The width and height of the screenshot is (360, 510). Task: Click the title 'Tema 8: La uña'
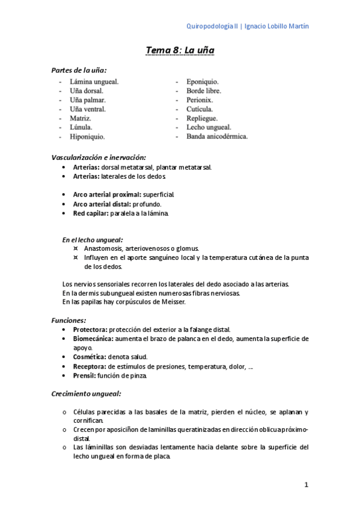click(180, 51)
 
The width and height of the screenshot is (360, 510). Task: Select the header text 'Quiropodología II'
click(213, 26)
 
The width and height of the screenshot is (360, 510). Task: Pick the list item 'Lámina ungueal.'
click(94, 81)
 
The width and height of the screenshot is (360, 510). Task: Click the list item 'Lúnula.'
click(81, 127)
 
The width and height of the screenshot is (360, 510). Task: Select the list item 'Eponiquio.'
click(203, 81)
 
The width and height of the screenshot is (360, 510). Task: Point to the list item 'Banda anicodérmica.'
click(216, 137)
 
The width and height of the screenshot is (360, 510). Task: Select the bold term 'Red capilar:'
click(91, 214)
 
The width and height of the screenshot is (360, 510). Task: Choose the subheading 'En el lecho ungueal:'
click(93, 239)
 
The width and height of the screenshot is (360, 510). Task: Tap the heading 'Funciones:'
click(69, 320)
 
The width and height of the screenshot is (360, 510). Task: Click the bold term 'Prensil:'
click(84, 375)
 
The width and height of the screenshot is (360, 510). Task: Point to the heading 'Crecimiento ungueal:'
click(87, 393)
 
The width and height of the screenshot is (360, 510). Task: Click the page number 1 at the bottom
click(306, 484)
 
